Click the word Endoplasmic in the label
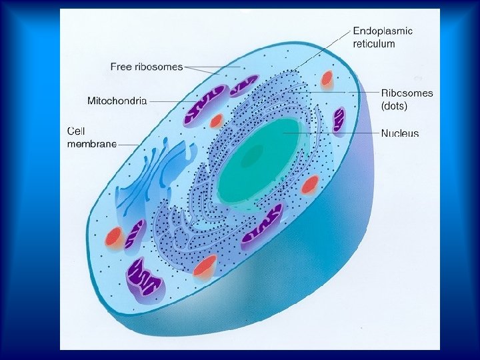point(382,31)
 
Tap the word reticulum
point(373,44)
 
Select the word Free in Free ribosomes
point(121,67)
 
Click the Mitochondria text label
point(117,101)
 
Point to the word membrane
point(92,143)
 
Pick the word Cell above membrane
point(76,131)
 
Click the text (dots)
point(395,105)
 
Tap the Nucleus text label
point(400,133)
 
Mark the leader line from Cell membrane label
point(129,144)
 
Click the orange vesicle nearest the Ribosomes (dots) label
point(327,79)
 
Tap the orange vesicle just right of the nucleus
point(309,185)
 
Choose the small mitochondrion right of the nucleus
point(339,120)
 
